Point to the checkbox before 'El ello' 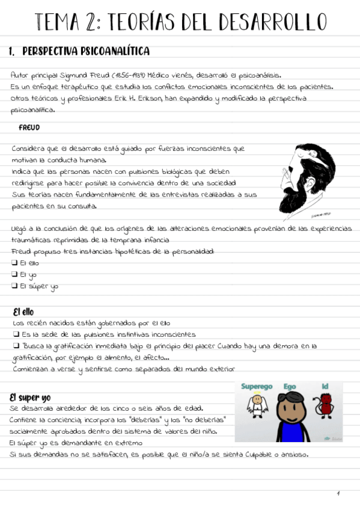[x=14, y=263]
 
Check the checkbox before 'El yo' [x=14, y=274]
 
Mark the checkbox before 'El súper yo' [x=14, y=286]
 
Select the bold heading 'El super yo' [x=30, y=398]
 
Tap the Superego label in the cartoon [x=257, y=386]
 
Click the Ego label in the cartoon [x=290, y=386]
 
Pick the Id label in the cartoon [x=325, y=386]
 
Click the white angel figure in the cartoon [x=257, y=407]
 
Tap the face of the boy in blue [x=290, y=407]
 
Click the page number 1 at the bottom [x=338, y=494]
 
